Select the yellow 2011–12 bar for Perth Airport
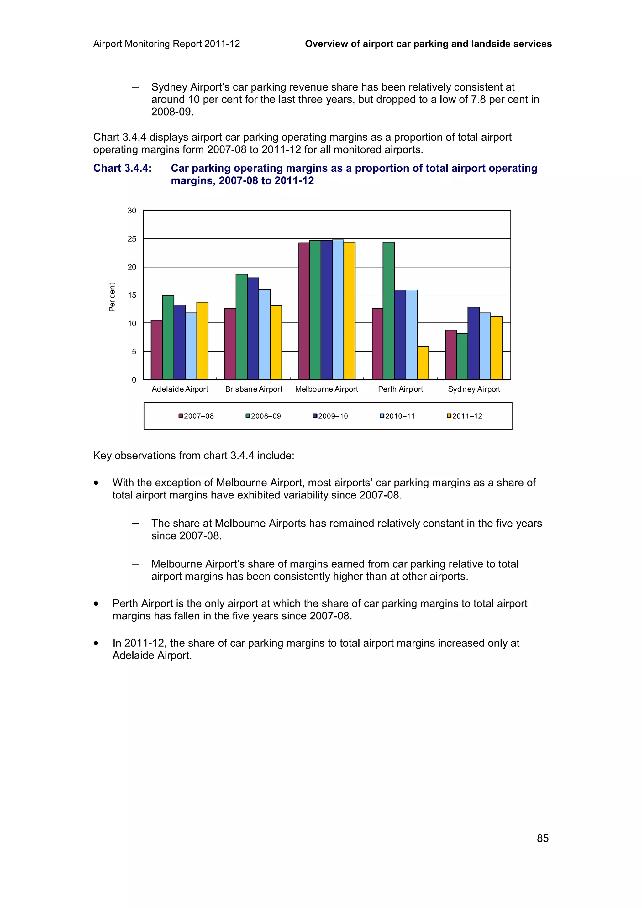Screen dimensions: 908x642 (x=423, y=363)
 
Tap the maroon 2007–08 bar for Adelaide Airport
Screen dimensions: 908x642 (x=157, y=350)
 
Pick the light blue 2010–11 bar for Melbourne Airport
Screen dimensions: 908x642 (x=338, y=310)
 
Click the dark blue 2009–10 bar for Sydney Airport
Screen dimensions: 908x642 (x=473, y=343)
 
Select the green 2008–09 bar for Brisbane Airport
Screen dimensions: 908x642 (x=241, y=327)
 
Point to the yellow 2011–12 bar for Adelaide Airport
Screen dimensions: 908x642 (x=202, y=341)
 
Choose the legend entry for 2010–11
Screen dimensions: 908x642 (x=397, y=416)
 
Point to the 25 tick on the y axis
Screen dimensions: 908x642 (x=132, y=239)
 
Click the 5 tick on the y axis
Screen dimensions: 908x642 (x=134, y=352)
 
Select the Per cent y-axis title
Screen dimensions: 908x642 (x=112, y=297)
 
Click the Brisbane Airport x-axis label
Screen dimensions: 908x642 (x=254, y=389)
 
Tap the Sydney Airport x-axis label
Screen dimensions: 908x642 (x=473, y=389)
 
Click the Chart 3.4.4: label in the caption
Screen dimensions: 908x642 (x=122, y=169)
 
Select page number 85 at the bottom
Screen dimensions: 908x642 (x=542, y=838)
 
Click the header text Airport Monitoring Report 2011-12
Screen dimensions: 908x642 (x=166, y=44)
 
